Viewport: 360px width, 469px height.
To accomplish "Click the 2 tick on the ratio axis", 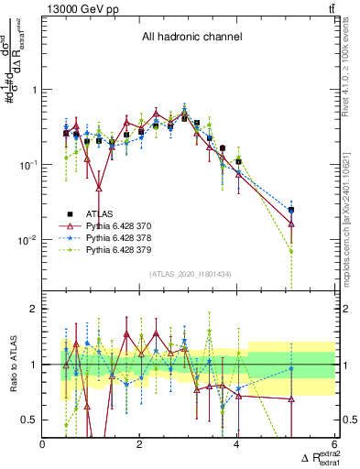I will [35, 310].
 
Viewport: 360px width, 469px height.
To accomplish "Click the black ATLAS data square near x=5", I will [291, 210].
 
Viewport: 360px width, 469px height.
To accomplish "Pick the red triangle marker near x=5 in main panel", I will [291, 224].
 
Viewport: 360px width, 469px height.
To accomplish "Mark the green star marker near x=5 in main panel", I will [291, 251].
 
